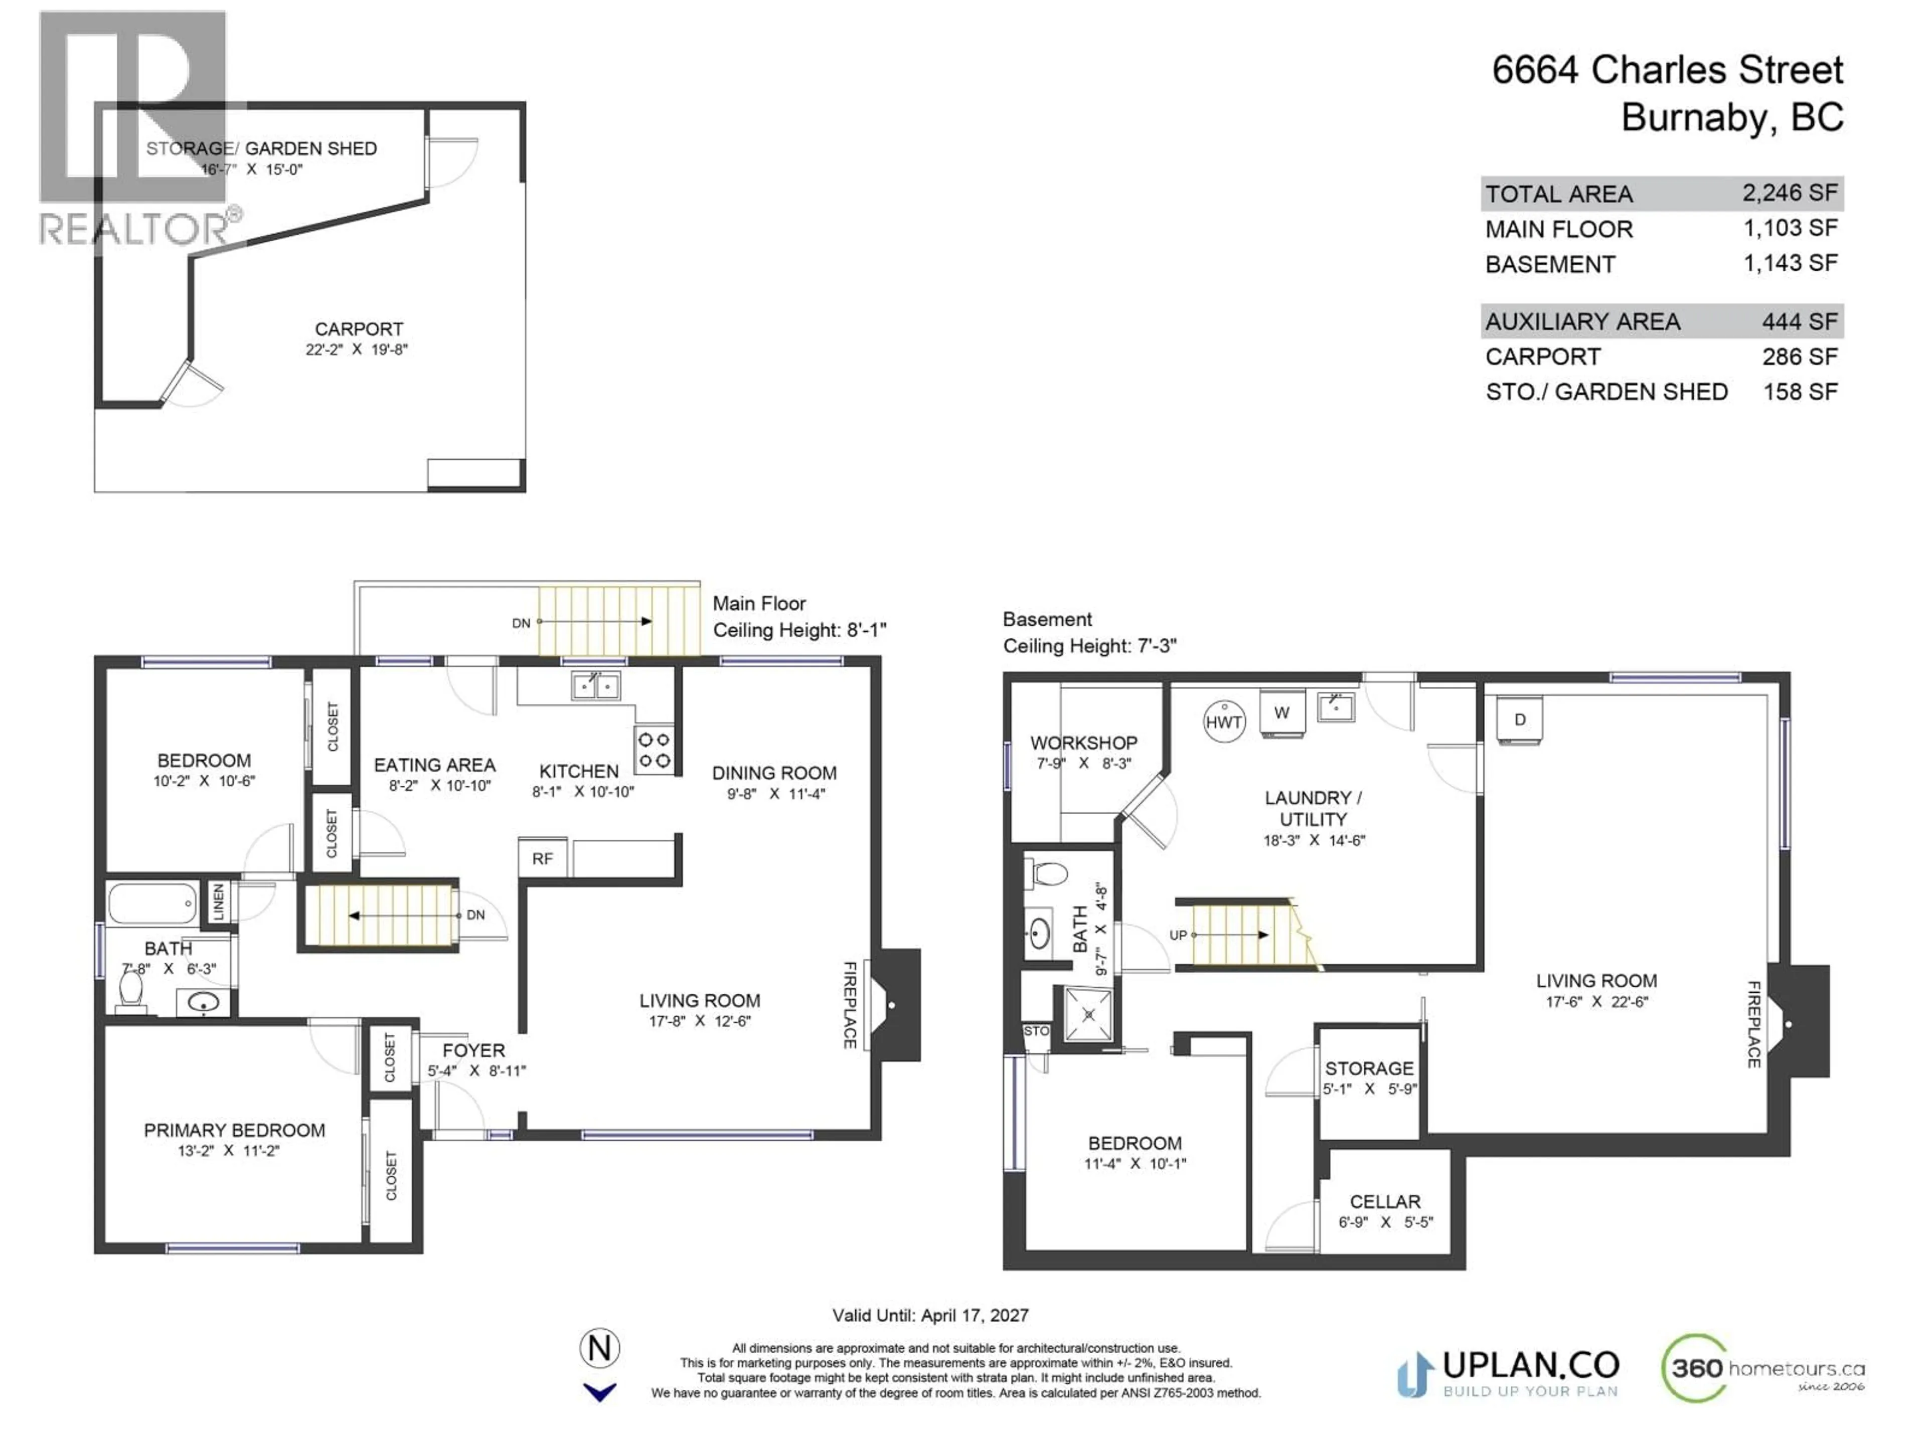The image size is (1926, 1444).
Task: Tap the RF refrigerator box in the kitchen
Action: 543,858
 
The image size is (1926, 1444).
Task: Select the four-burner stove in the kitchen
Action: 653,750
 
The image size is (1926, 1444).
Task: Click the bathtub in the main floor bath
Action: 152,904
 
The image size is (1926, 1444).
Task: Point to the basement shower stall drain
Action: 1089,1014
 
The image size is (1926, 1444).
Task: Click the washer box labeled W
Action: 1281,713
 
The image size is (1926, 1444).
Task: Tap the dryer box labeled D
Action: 1519,720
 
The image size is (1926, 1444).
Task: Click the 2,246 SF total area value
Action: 1789,193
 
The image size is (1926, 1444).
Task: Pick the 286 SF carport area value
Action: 1799,357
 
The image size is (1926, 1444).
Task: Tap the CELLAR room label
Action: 1384,1201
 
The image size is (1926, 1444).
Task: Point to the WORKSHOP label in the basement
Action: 1083,743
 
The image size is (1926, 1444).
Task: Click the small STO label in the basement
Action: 1036,1030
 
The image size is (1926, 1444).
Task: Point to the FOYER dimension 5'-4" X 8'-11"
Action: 476,1070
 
